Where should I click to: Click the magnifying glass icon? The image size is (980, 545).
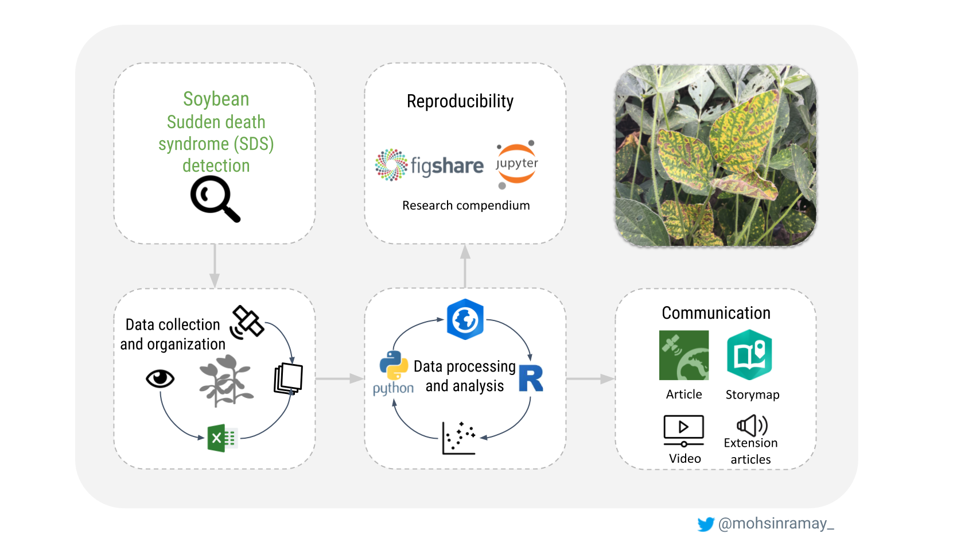[215, 198]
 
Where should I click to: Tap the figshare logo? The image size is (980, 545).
[429, 165]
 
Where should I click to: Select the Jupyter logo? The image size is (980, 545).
[516, 164]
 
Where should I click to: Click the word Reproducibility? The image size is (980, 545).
[460, 101]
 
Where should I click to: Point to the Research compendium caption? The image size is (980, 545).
[466, 206]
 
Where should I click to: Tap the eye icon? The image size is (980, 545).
[160, 378]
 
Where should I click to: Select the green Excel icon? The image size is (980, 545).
[222, 438]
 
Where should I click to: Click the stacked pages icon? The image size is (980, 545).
[289, 378]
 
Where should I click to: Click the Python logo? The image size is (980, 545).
[394, 366]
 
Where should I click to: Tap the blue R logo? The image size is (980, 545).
[531, 378]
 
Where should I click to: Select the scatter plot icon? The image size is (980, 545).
[458, 438]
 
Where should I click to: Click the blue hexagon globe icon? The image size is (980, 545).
[465, 319]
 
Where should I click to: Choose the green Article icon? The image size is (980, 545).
[684, 355]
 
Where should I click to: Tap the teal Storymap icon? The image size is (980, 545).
[749, 355]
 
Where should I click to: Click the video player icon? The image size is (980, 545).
[683, 430]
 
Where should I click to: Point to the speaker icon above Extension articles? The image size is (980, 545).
[752, 426]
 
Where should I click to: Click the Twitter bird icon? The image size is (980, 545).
[706, 524]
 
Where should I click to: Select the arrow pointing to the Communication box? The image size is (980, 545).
[590, 379]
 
